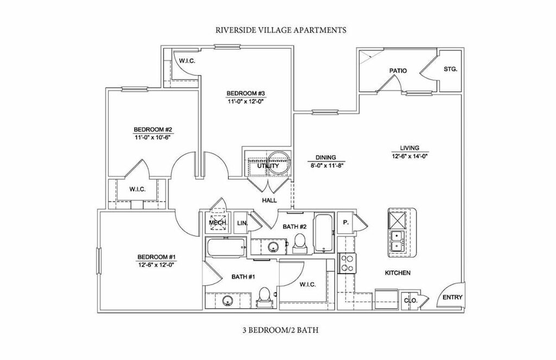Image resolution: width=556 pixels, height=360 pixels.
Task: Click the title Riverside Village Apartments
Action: click(281, 30)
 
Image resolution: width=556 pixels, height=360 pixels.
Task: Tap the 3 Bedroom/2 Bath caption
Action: click(281, 330)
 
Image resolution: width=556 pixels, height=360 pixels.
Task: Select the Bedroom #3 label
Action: click(246, 93)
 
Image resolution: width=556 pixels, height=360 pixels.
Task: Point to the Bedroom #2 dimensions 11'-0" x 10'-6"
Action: click(153, 138)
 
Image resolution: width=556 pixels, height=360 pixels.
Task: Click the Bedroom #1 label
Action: click(156, 257)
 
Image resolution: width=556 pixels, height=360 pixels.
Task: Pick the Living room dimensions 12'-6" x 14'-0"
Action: click(410, 156)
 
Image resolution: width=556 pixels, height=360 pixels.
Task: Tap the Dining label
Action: click(327, 157)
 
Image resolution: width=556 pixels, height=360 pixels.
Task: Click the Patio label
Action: click(398, 71)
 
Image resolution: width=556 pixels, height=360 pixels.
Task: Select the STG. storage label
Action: click(450, 70)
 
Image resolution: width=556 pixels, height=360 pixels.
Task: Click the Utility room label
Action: click(268, 166)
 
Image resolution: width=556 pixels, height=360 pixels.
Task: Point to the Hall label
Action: click(269, 200)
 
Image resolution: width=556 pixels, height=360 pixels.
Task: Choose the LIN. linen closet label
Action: click(242, 223)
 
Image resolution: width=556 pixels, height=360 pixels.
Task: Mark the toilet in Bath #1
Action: click(264, 296)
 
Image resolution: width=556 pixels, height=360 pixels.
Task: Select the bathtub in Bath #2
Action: click(324, 233)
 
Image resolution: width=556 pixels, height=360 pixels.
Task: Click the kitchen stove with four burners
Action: click(346, 263)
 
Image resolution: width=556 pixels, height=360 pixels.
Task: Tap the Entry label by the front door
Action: click(452, 298)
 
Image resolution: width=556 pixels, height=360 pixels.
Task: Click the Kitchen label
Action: click(397, 273)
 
